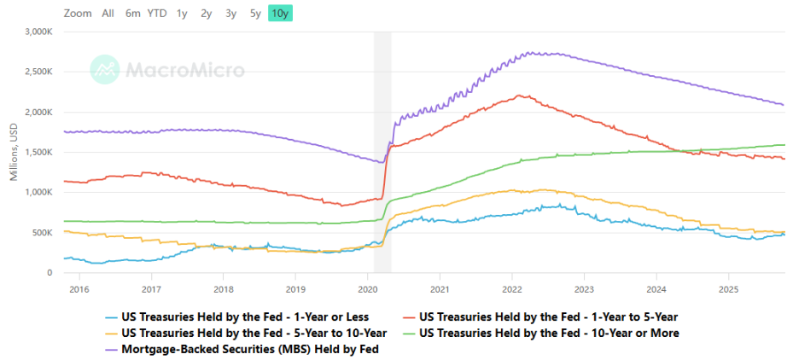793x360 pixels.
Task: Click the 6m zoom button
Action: pos(132,13)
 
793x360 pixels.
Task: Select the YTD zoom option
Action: pos(157,13)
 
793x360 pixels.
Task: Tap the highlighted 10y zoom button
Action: pos(280,13)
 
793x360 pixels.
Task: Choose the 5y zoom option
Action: pos(255,13)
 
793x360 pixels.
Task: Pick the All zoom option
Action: pos(108,13)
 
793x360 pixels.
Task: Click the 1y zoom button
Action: pos(182,13)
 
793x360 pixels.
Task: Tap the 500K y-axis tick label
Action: pos(44,233)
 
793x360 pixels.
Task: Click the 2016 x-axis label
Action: pos(79,289)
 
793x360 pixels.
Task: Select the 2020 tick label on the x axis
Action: pos(367,289)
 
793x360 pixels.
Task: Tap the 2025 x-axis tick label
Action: pos(727,289)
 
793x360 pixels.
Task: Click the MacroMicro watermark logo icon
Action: pos(105,69)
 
